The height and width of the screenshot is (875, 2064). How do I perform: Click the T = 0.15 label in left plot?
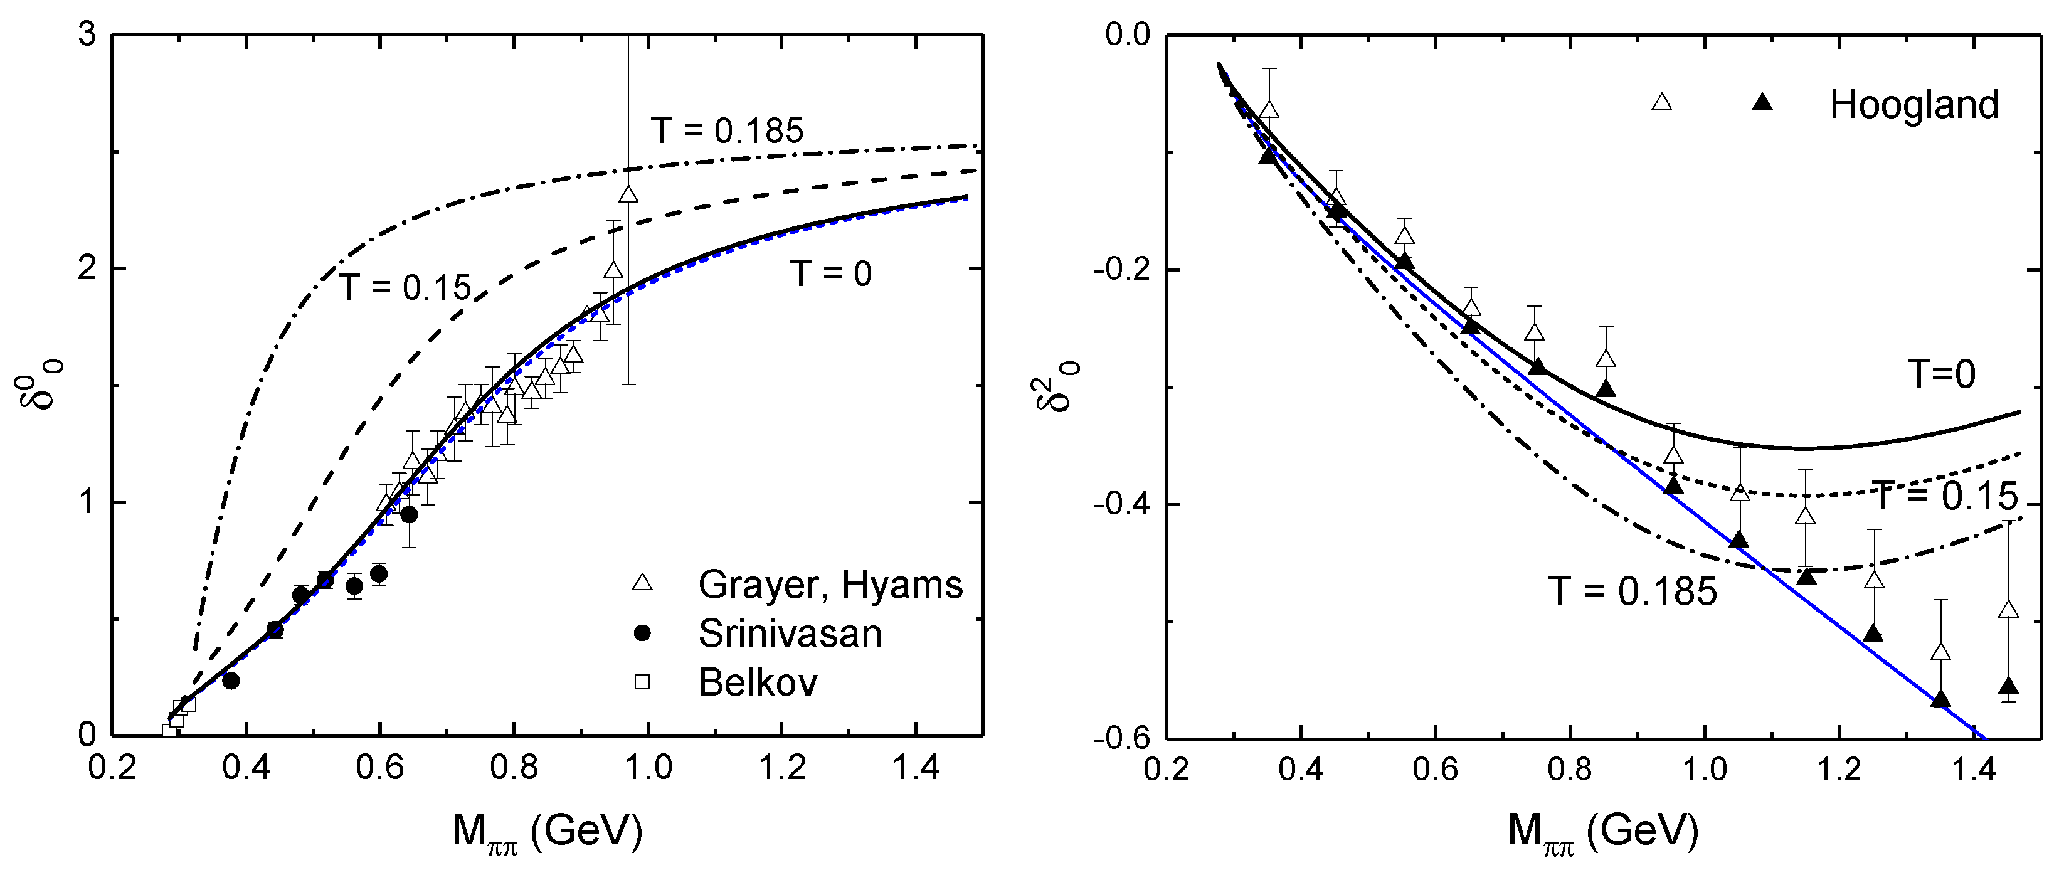pyautogui.click(x=405, y=287)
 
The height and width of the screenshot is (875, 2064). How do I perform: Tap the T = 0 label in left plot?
pyautogui.click(x=831, y=274)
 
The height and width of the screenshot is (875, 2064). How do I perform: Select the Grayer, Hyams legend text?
pyautogui.click(x=830, y=585)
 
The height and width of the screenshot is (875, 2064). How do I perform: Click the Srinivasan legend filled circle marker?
pyautogui.click(x=642, y=634)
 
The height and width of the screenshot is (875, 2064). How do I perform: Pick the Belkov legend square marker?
pyautogui.click(x=642, y=682)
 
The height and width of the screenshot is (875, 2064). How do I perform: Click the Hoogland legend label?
pyautogui.click(x=1913, y=105)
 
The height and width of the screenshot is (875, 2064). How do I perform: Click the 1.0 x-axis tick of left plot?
pyautogui.click(x=648, y=768)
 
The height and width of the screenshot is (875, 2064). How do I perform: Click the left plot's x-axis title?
pyautogui.click(x=548, y=832)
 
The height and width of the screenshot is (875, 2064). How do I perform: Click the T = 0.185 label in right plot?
pyautogui.click(x=1632, y=591)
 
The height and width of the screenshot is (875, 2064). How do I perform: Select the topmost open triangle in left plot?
pyautogui.click(x=628, y=194)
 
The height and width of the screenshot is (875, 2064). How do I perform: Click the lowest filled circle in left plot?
pyautogui.click(x=231, y=681)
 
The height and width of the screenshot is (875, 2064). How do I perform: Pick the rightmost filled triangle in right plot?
pyautogui.click(x=2008, y=687)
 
